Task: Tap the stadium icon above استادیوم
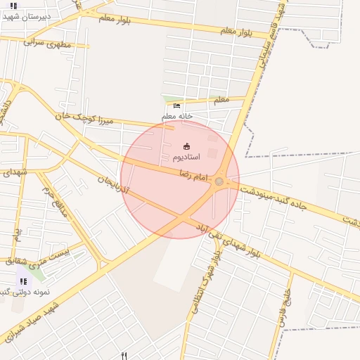186,146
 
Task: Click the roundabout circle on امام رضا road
219,182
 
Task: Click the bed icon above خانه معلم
176,105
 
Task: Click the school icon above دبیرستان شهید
13,5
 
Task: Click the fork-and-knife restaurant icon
124,356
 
